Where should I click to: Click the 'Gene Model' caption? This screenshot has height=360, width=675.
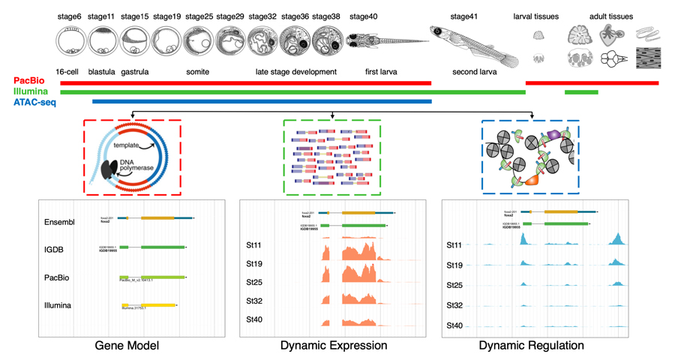click(127, 346)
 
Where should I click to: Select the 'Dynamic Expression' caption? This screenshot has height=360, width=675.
click(334, 346)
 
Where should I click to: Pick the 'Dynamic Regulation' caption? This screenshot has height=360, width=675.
click(532, 346)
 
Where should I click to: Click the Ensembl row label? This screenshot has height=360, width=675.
click(60, 222)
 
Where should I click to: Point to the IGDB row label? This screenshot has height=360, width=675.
click(57, 250)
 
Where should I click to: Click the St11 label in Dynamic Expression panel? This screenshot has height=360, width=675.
click(254, 245)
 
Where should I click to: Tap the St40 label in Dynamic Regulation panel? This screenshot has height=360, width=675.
click(454, 326)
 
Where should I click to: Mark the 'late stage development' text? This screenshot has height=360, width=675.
click(295, 72)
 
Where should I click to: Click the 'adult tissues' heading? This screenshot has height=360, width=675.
click(610, 16)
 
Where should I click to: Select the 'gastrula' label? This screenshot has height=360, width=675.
click(135, 72)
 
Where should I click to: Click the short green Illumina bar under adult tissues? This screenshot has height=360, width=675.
click(581, 92)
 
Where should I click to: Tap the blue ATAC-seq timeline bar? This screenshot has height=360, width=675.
click(262, 101)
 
